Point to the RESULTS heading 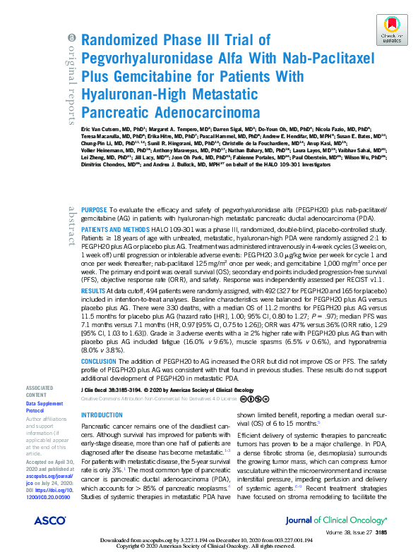click(x=94, y=290)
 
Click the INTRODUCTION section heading click(x=102, y=416)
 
